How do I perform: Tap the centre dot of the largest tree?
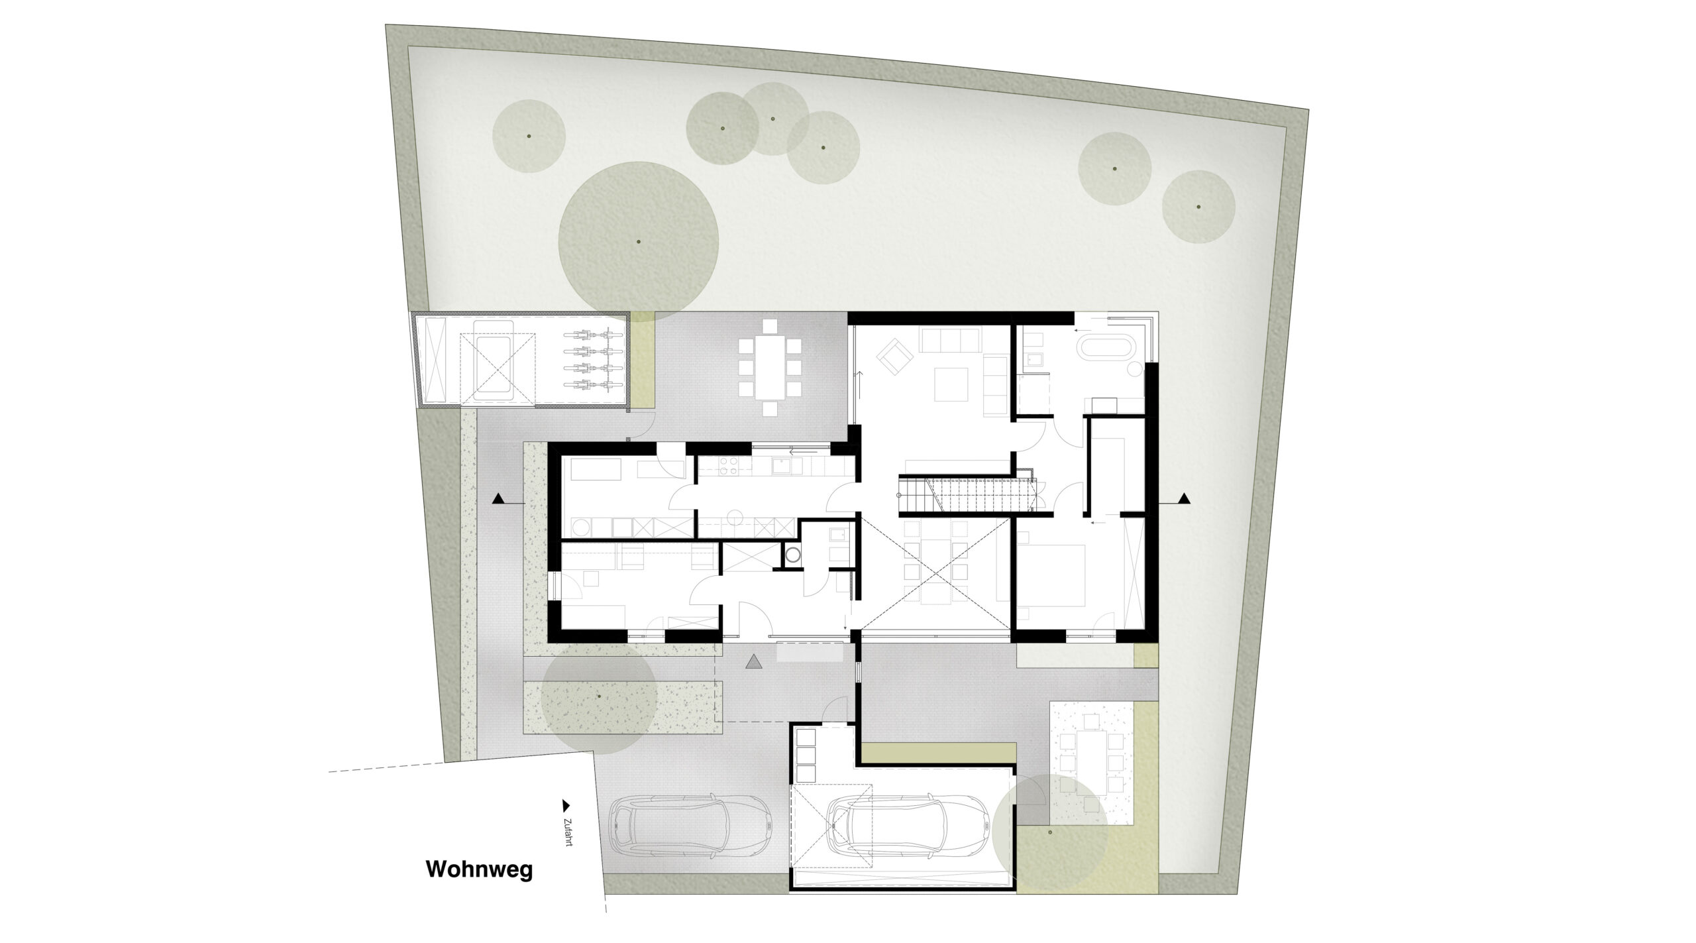click(x=639, y=242)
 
